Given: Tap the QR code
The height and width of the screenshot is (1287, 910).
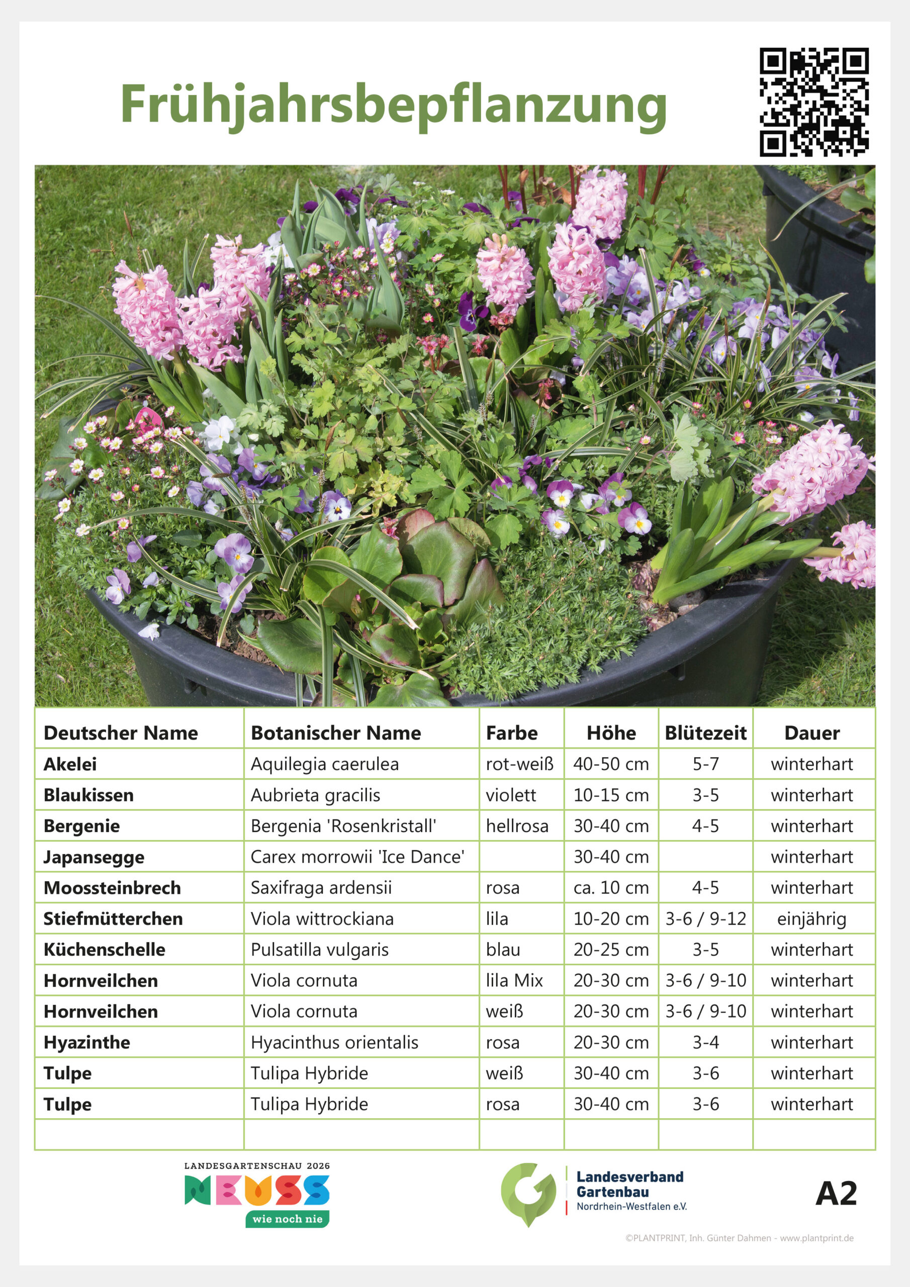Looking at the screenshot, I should [813, 102].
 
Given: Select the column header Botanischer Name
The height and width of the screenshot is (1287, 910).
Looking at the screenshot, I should [335, 732].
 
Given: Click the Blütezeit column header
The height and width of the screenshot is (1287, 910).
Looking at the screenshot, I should [705, 732].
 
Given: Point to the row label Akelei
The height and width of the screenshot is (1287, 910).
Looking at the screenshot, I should [70, 764].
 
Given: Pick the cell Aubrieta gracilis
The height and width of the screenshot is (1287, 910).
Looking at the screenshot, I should [315, 795].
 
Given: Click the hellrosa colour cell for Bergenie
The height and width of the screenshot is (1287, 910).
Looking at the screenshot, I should [517, 825].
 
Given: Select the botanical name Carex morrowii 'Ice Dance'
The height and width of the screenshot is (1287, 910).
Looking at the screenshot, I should [357, 857].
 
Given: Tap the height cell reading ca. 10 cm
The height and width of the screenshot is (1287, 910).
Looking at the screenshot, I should [610, 887].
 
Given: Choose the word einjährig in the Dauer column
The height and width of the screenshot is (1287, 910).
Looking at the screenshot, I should [811, 918].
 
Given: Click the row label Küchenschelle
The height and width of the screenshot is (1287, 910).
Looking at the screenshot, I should [104, 950].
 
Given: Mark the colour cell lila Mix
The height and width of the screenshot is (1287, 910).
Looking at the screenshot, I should [514, 980].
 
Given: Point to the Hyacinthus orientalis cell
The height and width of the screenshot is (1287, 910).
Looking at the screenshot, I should [334, 1042].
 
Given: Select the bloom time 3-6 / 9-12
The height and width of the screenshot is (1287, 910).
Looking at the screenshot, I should [705, 918].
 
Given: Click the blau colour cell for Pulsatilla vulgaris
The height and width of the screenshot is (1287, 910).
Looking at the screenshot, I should [503, 950].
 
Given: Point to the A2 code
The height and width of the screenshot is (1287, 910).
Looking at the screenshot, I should [836, 1193].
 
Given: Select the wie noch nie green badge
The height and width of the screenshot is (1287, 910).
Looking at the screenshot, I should [287, 1219].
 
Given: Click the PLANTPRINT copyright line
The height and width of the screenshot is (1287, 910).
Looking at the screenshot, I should [739, 1238].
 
